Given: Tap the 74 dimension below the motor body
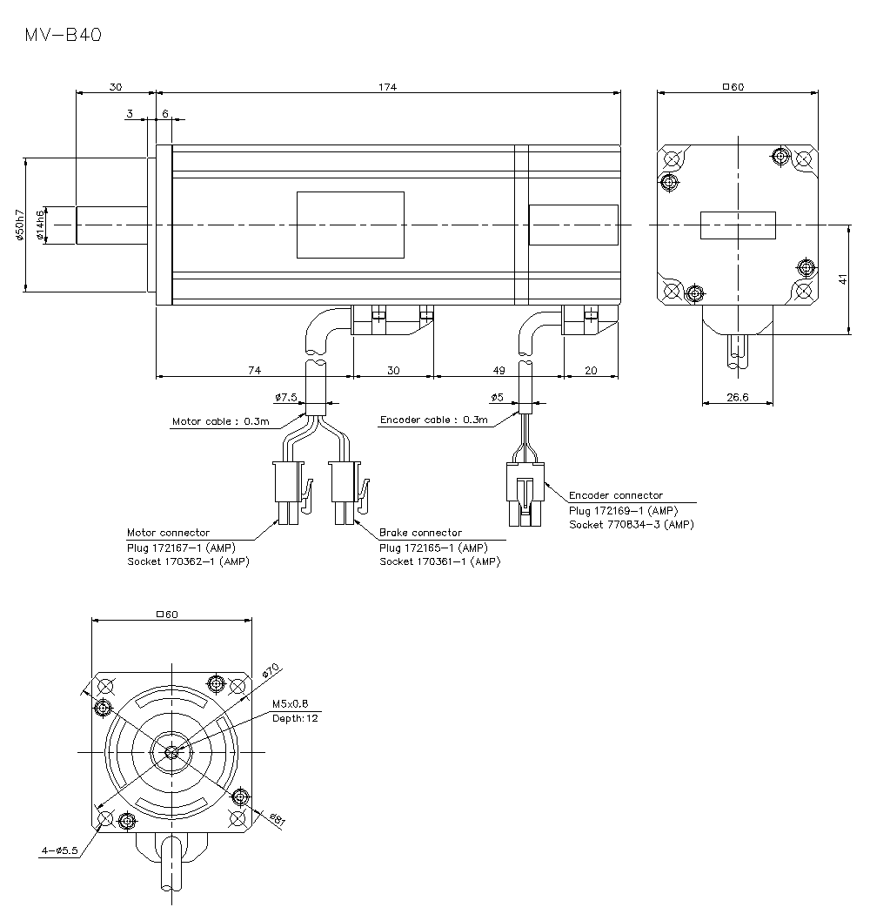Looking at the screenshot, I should [254, 370].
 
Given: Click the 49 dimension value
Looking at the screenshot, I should [499, 370].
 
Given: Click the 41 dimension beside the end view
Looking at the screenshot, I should [842, 279].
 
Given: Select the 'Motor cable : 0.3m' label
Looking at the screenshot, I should [220, 421].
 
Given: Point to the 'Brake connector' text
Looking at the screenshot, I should [420, 532].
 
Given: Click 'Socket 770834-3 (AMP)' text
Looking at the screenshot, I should [632, 524].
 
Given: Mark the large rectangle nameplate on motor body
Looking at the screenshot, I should [351, 225].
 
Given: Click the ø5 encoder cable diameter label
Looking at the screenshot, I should [497, 397].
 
